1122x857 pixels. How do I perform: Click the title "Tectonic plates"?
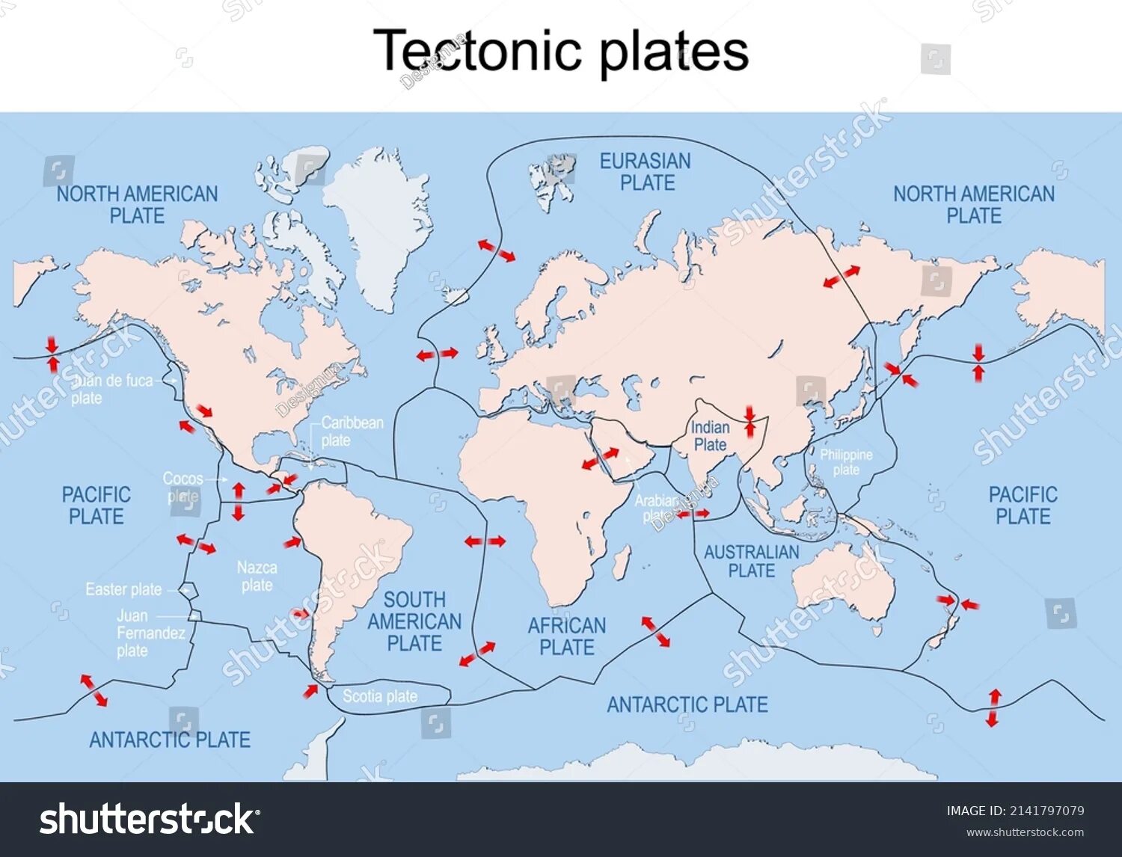coord(561,51)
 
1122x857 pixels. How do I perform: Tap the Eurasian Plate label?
coord(645,172)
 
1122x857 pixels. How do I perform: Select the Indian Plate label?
coord(710,436)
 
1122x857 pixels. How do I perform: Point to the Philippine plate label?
coord(846,462)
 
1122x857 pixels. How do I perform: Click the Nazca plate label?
coord(257,577)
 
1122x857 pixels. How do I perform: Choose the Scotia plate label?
coord(380,696)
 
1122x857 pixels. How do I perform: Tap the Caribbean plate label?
coord(352,431)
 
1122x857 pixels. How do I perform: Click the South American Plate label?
coord(414,621)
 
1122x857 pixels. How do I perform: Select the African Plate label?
coord(567,636)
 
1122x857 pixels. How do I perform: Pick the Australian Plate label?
coord(752,562)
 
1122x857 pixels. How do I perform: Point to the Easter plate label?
coord(123,589)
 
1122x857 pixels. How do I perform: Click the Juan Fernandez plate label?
coord(150,633)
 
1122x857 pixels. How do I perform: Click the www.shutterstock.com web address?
coord(1025,832)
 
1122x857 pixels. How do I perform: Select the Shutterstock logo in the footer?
coord(147,820)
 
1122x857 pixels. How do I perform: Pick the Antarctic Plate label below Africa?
coord(687,704)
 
